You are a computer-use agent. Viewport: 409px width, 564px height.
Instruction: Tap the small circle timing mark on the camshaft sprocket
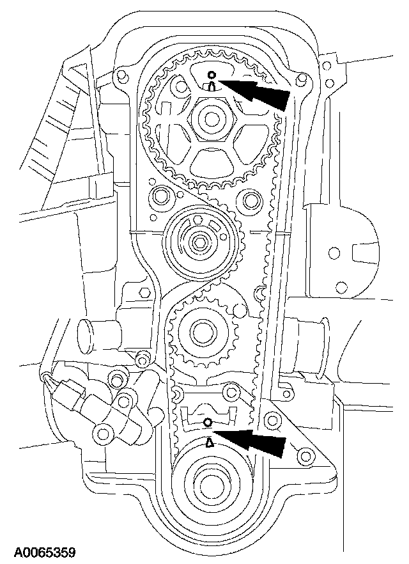click(x=212, y=74)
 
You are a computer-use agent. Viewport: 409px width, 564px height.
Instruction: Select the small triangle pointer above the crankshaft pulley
click(x=208, y=441)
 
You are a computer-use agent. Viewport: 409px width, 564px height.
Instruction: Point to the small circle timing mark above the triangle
click(x=206, y=423)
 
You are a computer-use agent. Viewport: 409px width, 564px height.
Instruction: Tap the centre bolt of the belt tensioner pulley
click(x=199, y=242)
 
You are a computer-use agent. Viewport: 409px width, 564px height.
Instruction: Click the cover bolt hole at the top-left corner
click(x=120, y=77)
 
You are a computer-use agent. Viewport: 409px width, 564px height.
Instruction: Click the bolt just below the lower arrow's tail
click(x=305, y=456)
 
